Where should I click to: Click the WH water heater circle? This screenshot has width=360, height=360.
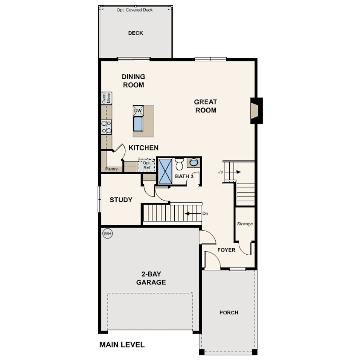pos(108,234)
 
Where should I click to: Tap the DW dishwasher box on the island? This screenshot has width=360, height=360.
pos(138,111)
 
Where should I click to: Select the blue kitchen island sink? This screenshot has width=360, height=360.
pos(138,124)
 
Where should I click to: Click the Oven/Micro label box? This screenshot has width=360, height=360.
pos(107,98)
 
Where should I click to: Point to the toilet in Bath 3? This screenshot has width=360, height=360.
pos(179,164)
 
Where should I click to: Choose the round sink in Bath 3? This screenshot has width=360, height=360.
pos(193,162)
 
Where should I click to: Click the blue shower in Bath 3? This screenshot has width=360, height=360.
pos(165,171)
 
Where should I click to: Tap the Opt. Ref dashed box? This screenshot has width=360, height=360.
pos(147,165)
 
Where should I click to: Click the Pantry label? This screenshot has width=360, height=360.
pos(112,169)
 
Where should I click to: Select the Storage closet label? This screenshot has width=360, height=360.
pos(245,224)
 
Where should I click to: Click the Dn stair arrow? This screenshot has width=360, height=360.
pos(193,213)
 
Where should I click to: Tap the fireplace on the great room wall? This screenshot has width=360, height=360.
pos(256,111)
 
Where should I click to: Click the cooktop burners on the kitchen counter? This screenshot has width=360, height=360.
pos(107,127)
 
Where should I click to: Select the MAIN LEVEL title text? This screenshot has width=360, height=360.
pos(122,344)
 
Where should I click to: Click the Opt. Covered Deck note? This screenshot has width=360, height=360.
pos(135,10)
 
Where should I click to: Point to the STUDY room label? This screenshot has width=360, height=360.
pos(121,200)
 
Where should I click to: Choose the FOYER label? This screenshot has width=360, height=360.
pos(226,250)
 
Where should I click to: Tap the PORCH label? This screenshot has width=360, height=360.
pos(229,312)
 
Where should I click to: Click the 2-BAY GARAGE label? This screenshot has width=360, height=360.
pos(151,278)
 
